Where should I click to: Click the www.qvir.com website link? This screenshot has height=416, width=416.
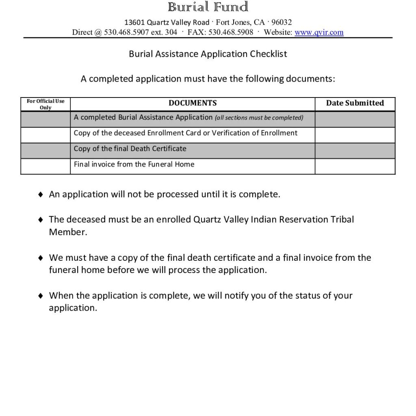[319, 32]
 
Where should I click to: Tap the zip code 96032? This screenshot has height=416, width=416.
[282, 22]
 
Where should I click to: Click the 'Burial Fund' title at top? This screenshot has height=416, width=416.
[208, 7]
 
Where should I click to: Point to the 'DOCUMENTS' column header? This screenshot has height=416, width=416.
[193, 103]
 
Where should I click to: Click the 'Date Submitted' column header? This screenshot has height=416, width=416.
[355, 103]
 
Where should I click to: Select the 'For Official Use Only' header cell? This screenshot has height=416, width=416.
[45, 104]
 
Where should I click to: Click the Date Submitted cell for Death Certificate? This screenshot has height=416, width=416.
[355, 150]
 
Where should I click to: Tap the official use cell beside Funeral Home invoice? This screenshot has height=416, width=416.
[45, 166]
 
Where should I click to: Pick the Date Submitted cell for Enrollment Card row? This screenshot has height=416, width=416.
[355, 135]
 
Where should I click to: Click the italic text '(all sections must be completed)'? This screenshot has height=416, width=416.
[259, 118]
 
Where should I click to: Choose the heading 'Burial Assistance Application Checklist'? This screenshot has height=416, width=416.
[208, 54]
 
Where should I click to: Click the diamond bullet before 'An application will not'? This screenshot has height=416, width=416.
[40, 195]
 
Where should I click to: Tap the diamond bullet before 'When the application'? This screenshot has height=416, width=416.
[40, 296]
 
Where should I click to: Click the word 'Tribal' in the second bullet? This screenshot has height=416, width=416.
[342, 220]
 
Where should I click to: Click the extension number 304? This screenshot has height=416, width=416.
[171, 32]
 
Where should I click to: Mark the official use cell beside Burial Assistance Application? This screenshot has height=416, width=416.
[45, 119]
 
